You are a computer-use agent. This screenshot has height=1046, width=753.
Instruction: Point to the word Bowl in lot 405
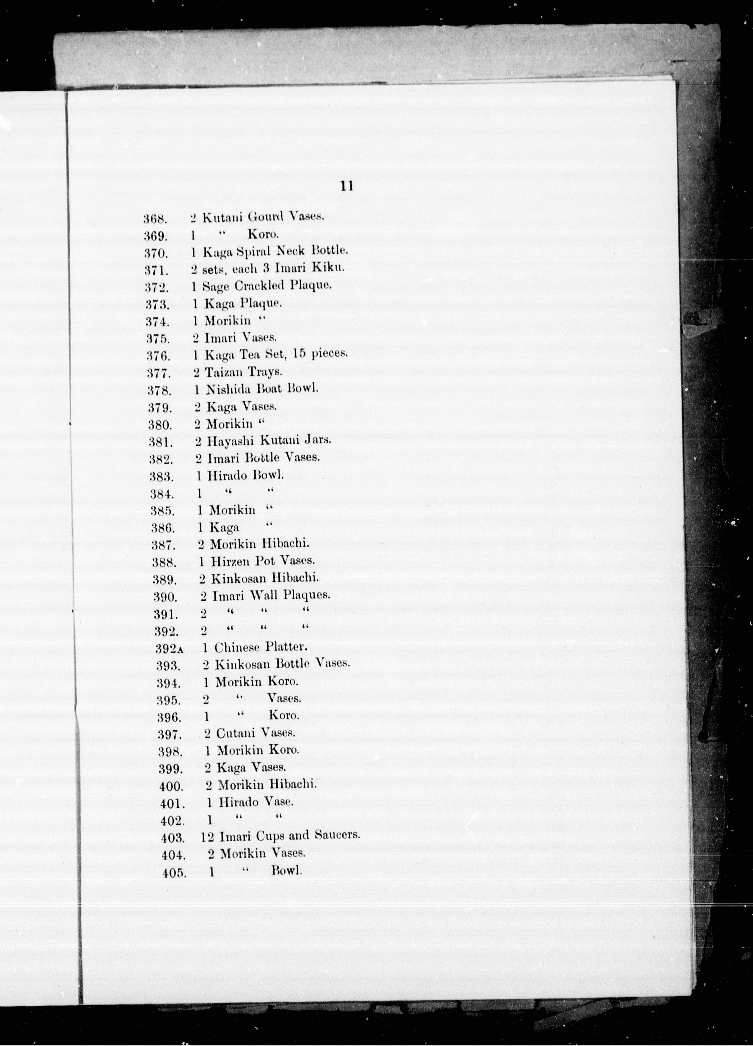click(287, 870)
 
